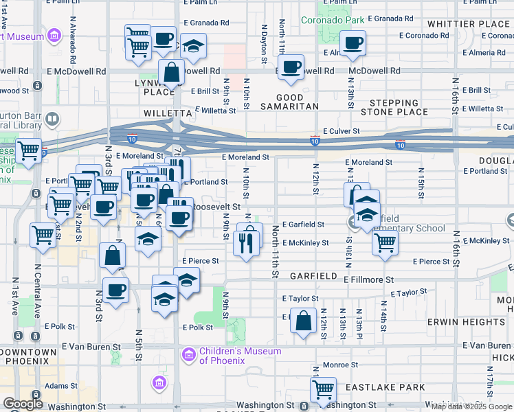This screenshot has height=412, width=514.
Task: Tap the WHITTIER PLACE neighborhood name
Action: click(x=469, y=24)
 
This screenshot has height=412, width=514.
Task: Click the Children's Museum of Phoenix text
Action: click(x=240, y=356)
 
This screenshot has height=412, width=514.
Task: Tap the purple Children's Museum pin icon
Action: click(x=188, y=356)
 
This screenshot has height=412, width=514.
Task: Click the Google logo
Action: click(x=23, y=404)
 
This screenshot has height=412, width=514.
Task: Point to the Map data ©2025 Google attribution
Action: click(x=471, y=407)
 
